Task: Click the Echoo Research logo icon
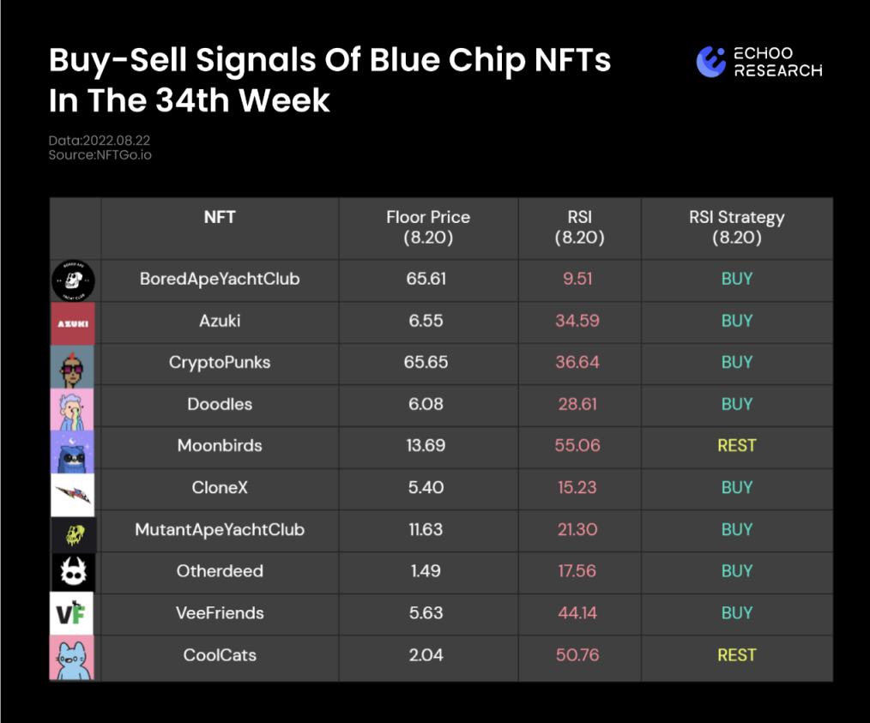710,62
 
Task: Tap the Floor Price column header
428,227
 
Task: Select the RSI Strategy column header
737,227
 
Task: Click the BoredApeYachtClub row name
220,279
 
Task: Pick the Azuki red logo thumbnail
73,323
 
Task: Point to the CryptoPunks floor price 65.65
426,362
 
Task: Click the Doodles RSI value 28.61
577,404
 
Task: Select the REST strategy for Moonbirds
737,445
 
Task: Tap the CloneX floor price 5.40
426,487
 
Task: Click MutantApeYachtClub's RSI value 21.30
577,529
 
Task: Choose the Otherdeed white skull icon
73,572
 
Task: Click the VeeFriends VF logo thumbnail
71,613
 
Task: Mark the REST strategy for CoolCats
737,654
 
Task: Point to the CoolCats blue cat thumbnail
72,658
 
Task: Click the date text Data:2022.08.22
100,141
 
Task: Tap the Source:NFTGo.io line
100,154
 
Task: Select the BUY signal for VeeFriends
737,612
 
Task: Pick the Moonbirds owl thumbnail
72,452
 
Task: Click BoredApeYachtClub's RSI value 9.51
577,279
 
